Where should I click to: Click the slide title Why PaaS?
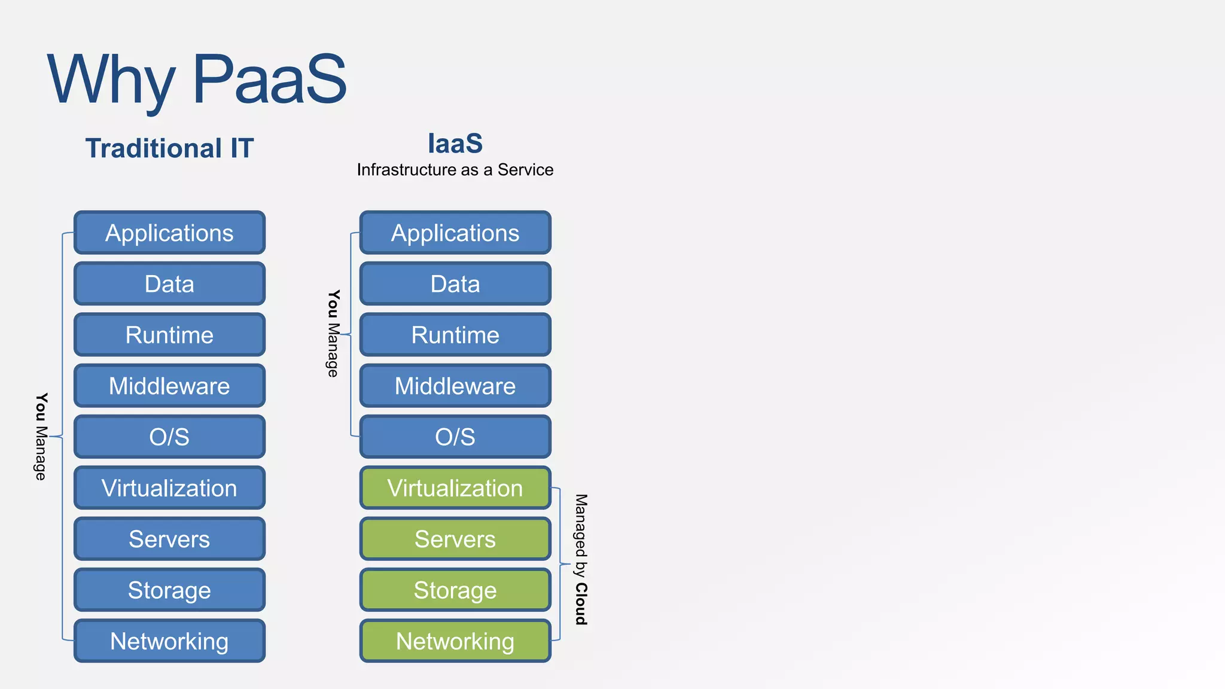197,79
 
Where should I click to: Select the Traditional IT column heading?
169,148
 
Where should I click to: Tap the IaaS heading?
455,144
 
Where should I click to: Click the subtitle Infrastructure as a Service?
455,170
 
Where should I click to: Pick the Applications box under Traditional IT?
169,233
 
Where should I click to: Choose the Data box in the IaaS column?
455,283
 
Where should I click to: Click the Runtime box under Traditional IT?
169,335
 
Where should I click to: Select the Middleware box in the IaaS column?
455,386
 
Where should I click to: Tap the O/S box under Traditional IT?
169,437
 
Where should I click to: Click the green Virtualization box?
455,488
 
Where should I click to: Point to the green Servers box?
455,539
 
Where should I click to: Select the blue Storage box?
169,590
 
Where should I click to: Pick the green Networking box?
455,641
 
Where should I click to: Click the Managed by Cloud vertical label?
581,559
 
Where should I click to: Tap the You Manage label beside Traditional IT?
41,437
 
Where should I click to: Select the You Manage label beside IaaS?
333,334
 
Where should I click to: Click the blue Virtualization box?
169,488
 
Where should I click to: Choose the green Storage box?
455,590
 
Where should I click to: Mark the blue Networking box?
169,641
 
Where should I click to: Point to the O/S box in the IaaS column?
455,437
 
